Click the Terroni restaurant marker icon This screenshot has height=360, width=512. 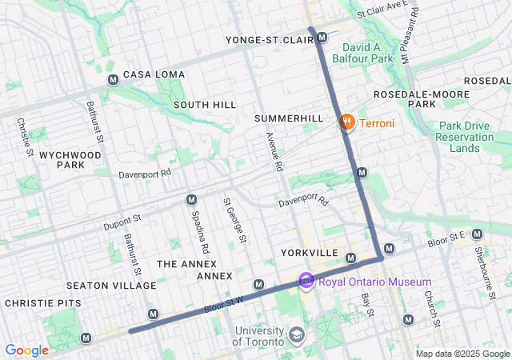[x=346, y=122]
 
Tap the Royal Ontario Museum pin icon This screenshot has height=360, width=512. [x=306, y=282]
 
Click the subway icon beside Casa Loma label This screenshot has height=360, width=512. [x=113, y=80]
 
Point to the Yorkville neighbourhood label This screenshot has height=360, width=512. [x=310, y=253]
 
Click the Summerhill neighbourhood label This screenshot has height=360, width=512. [x=289, y=118]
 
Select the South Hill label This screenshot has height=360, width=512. [x=204, y=105]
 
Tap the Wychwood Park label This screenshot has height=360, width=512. [x=60, y=158]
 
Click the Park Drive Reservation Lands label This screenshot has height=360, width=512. [x=466, y=137]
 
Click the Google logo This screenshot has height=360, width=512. [x=27, y=350]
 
